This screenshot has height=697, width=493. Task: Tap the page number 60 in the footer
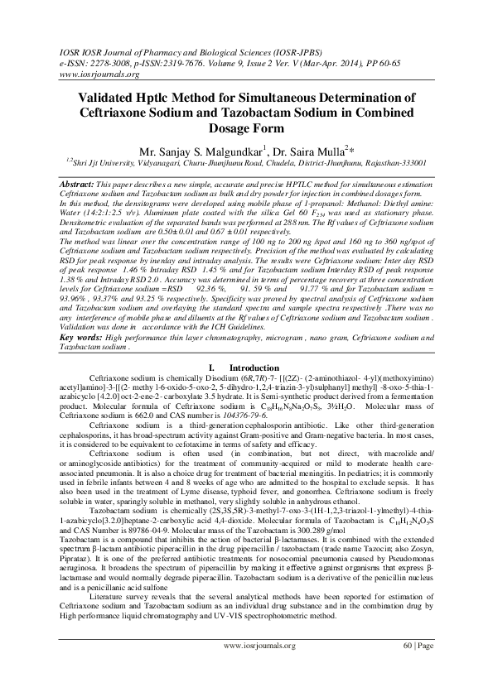coord(406,666)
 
